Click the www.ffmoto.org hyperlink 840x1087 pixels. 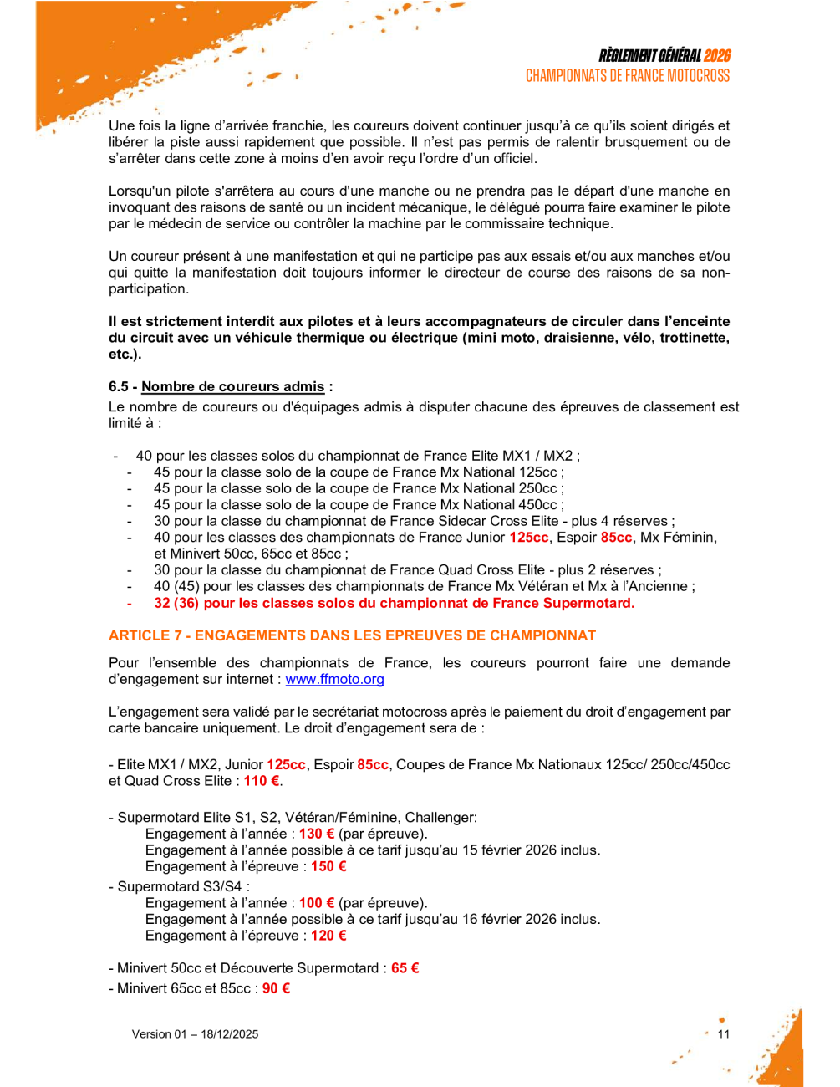334,680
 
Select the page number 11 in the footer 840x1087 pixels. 724,1034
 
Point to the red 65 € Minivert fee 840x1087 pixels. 405,968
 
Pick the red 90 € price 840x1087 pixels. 276,988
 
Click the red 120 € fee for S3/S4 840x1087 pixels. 328,936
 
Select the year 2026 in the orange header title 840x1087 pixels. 716,56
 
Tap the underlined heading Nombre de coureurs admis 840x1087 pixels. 232,386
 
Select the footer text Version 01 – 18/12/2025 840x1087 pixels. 195,1034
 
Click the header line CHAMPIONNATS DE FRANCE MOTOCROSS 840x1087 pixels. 627,76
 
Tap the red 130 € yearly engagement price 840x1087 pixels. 317,834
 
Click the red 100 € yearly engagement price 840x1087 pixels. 317,903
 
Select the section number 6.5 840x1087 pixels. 119,386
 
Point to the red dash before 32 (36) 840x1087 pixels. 130,603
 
